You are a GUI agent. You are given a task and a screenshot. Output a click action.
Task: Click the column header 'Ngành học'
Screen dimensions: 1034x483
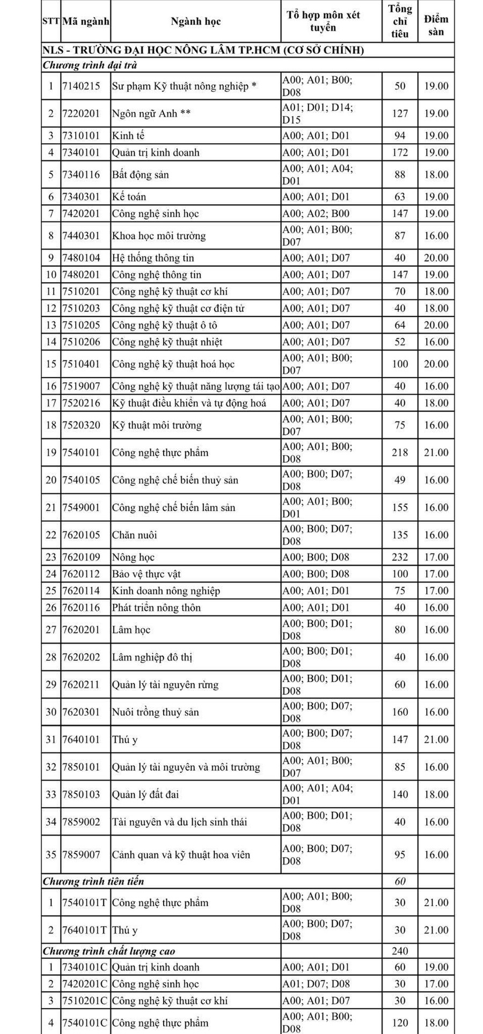click(195, 21)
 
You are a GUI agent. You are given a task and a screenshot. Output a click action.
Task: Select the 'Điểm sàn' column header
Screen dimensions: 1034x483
click(436, 25)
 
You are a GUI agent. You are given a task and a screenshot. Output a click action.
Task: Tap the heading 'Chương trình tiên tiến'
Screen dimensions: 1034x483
click(93, 881)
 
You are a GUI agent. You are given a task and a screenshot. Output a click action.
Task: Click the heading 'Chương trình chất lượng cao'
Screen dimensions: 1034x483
click(109, 951)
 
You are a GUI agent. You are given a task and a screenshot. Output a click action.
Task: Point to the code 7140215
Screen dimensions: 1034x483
click(81, 86)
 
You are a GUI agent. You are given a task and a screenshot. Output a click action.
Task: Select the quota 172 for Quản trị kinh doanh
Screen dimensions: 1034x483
click(400, 152)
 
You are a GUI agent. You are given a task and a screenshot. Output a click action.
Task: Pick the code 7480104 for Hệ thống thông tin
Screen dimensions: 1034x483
click(81, 257)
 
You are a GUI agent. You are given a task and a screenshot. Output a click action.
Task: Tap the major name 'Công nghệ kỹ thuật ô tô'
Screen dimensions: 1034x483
click(164, 325)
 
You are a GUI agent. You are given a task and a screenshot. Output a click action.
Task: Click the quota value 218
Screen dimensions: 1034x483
click(400, 453)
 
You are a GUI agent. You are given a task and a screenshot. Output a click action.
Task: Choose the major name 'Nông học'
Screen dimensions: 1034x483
click(133, 557)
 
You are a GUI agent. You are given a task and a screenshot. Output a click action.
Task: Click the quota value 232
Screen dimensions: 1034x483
click(400, 557)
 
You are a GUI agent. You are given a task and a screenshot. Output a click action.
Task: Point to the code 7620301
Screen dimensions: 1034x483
click(81, 712)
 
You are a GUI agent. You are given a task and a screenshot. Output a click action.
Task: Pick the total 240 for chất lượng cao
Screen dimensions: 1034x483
click(400, 951)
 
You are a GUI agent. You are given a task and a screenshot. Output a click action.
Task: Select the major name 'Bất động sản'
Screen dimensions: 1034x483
click(140, 174)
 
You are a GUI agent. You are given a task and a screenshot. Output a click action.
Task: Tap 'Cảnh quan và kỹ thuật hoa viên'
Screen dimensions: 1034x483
click(181, 854)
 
